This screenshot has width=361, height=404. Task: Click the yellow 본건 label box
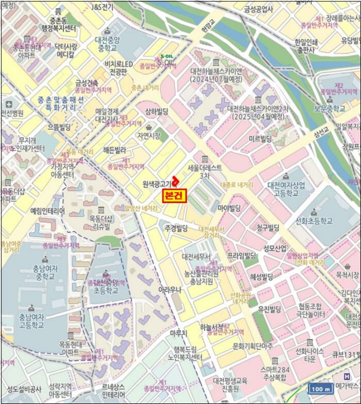tap(175, 195)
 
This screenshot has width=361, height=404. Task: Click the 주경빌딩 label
tap(177, 229)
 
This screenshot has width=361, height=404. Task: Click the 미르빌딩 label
tap(260, 139)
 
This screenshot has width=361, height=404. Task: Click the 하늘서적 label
tap(212, 327)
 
